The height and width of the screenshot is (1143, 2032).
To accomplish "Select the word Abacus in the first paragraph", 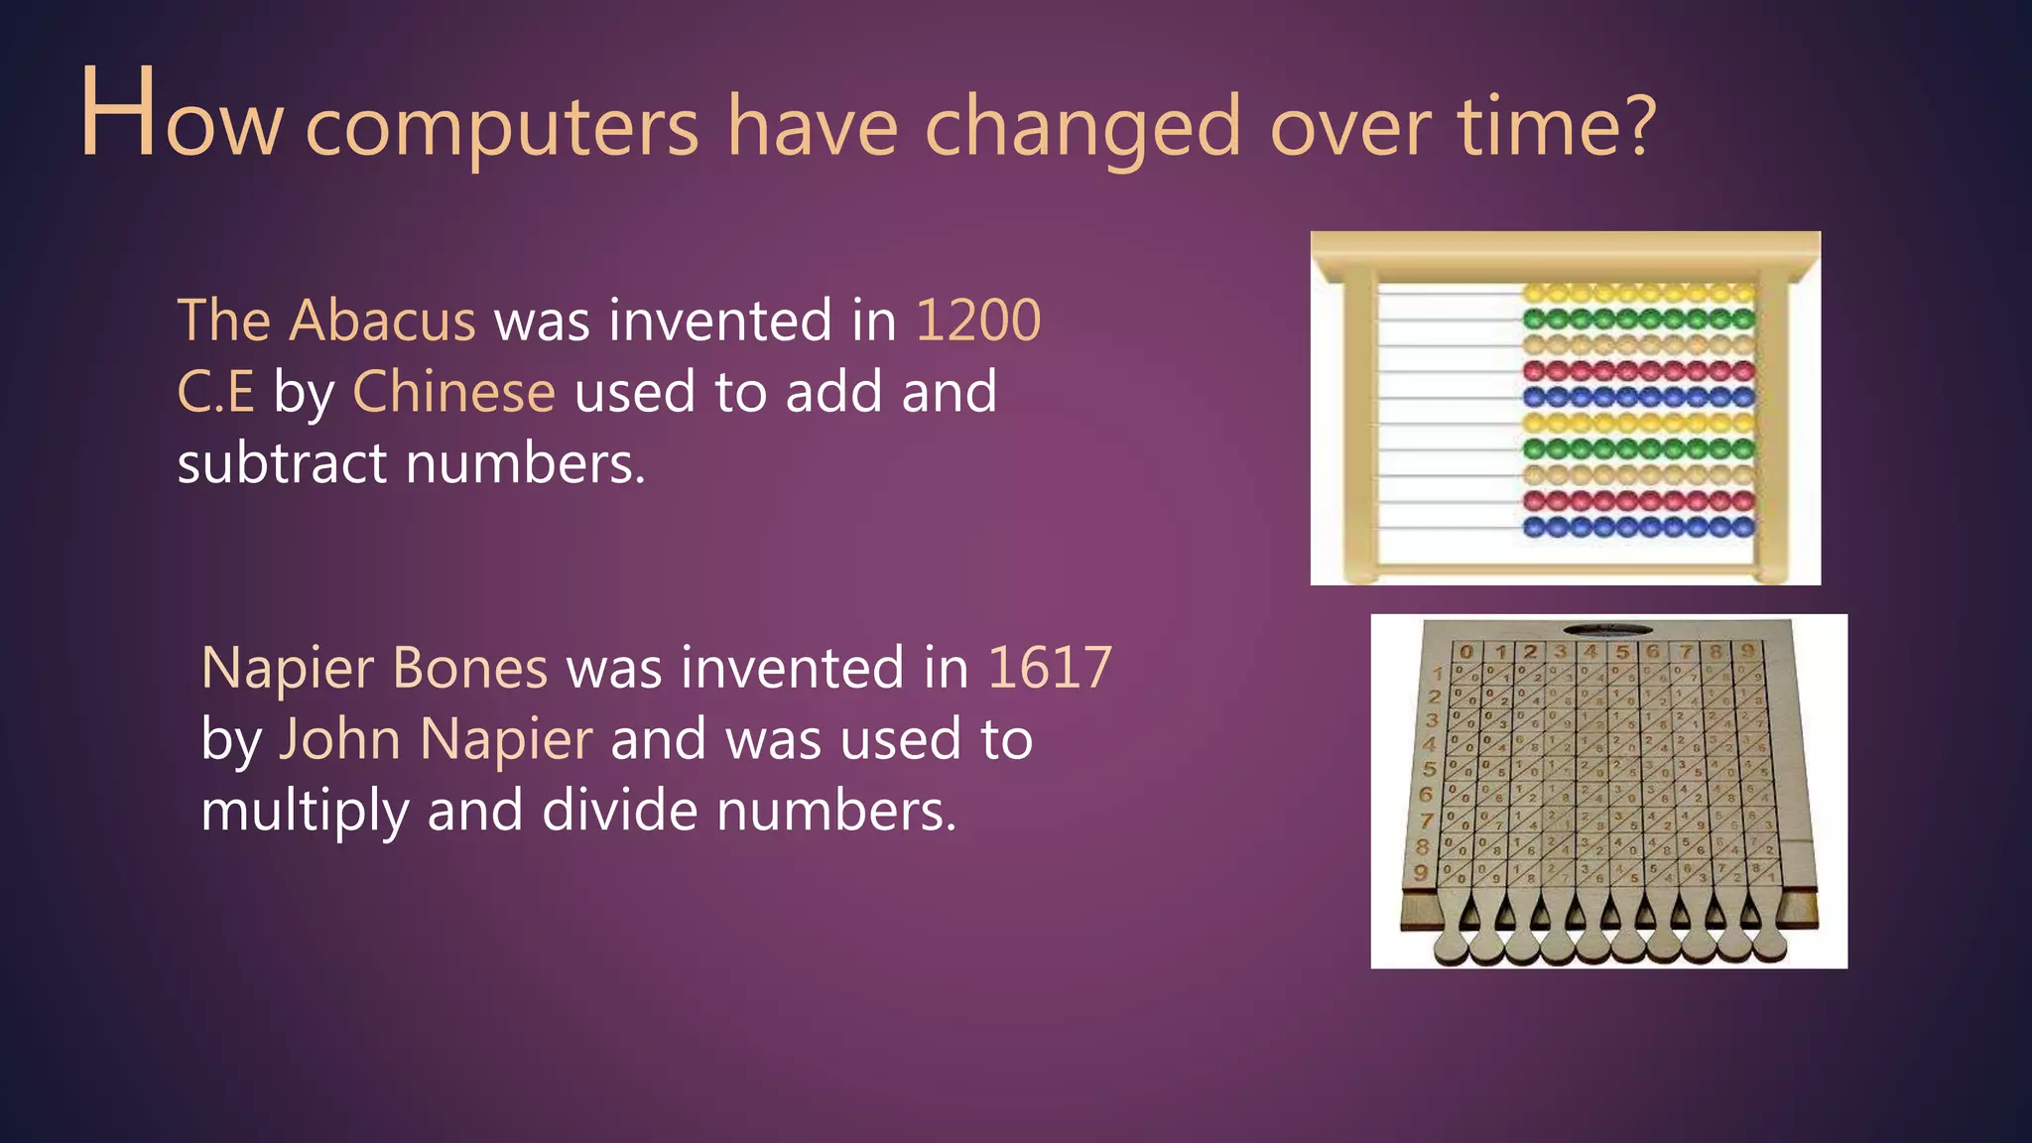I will coord(382,320).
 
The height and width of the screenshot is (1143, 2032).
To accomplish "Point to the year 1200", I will coord(977,320).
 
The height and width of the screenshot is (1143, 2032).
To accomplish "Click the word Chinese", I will coord(453,392).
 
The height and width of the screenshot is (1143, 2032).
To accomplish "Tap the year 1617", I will coord(1050,667).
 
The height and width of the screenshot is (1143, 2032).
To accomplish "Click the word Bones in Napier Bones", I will coord(469,667).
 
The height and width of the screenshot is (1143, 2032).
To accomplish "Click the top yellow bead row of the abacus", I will coord(1638,294).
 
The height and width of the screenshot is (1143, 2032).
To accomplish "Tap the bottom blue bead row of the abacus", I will coord(1638,527).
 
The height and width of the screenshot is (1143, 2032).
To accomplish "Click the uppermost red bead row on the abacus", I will coord(1638,372).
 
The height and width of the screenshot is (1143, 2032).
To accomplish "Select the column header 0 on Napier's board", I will coord(1466,653).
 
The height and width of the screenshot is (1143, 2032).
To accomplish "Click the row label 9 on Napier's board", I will coord(1421,872).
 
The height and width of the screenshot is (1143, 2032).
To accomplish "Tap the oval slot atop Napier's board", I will coord(1607,629).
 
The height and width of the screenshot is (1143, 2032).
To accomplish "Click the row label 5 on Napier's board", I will coord(1429,769).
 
